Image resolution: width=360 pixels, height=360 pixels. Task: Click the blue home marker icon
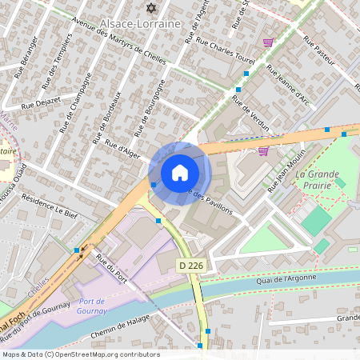coord(180,173)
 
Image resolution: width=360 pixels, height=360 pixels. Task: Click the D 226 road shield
coord(190,264)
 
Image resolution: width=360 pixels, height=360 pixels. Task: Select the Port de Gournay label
coord(98,306)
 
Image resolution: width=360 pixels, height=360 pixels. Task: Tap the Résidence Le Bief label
coord(49,206)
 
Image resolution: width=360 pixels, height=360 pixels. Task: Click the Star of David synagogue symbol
coord(151,7)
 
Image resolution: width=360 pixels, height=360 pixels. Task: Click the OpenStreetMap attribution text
coord(81,354)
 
